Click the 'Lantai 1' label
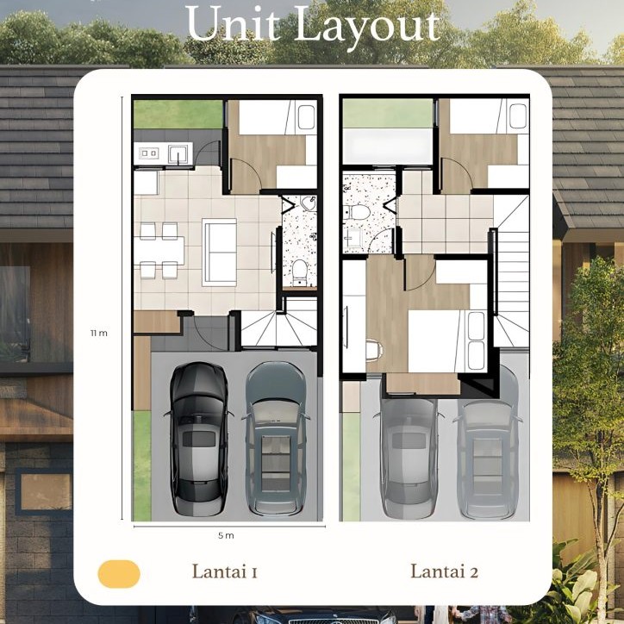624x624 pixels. tap(225, 571)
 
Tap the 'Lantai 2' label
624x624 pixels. tap(444, 571)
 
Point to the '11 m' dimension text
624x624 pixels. tap(99, 333)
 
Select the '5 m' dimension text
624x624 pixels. tap(226, 535)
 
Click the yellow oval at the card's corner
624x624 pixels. tap(119, 574)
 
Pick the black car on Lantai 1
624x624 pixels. tap(198, 439)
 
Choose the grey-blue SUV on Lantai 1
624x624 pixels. tap(276, 438)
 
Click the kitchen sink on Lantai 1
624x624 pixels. tap(178, 153)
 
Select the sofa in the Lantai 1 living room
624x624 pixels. tap(219, 252)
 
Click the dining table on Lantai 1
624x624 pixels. tap(159, 250)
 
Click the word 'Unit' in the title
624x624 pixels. tap(233, 25)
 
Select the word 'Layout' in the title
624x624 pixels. tap(367, 26)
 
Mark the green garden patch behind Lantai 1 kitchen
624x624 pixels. tap(178, 115)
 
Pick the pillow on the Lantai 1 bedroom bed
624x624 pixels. tap(306, 117)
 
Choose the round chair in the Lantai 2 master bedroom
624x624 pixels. tap(374, 350)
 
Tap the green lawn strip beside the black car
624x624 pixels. tap(142, 465)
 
